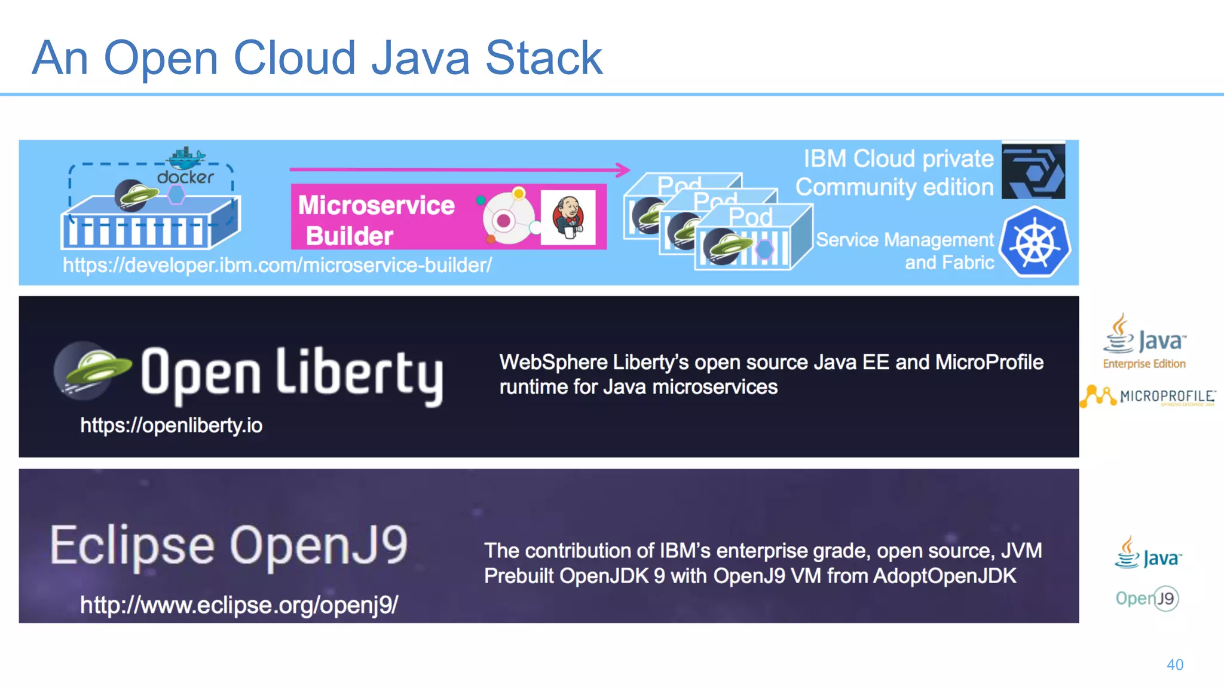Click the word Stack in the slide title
pyautogui.click(x=543, y=58)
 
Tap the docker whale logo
pyautogui.click(x=186, y=158)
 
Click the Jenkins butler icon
pyautogui.click(x=568, y=217)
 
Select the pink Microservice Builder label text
pyautogui.click(x=376, y=220)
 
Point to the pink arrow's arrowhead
pyautogui.click(x=623, y=170)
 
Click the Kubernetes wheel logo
pyautogui.click(x=1035, y=242)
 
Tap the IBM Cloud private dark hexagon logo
pyautogui.click(x=1033, y=170)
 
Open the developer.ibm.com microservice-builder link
pyautogui.click(x=277, y=265)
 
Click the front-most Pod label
pyautogui.click(x=751, y=217)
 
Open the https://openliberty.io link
pyautogui.click(x=172, y=425)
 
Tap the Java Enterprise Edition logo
pyautogui.click(x=1144, y=342)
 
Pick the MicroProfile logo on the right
pyautogui.click(x=1148, y=396)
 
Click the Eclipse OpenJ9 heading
pyautogui.click(x=229, y=545)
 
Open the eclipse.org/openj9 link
pyautogui.click(x=239, y=605)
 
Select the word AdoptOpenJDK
pyautogui.click(x=944, y=576)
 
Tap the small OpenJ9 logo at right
pyautogui.click(x=1147, y=598)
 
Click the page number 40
pyautogui.click(x=1175, y=664)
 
